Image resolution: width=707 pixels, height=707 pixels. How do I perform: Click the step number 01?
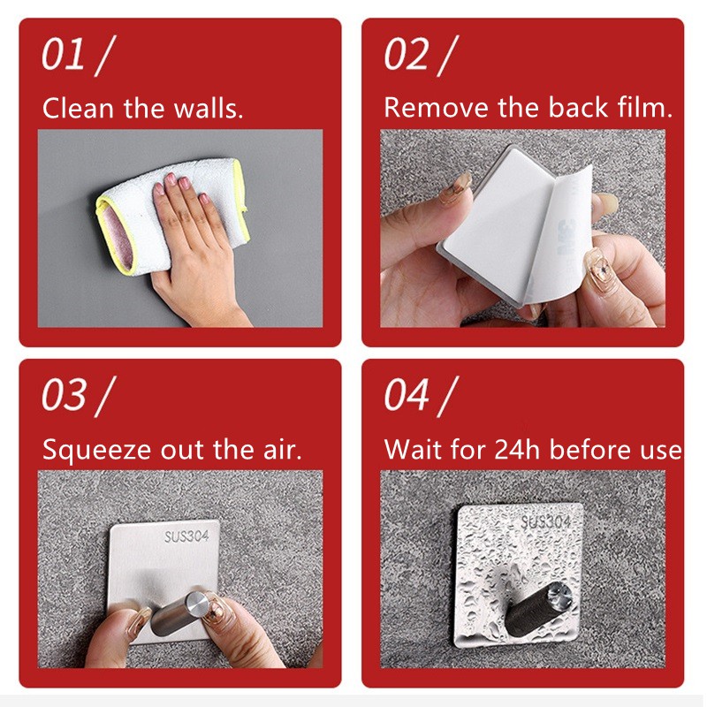click(x=63, y=54)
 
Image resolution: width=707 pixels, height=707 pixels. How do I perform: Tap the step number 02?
click(x=407, y=54)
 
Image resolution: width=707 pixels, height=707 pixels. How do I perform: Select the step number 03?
click(x=64, y=394)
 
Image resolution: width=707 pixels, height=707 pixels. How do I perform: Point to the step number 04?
click(x=407, y=394)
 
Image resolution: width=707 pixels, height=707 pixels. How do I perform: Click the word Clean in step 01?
click(x=78, y=109)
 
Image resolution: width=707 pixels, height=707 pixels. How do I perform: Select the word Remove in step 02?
click(x=436, y=108)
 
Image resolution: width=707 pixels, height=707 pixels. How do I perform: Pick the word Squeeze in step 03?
click(x=96, y=451)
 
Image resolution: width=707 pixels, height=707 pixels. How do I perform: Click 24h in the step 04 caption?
click(x=517, y=450)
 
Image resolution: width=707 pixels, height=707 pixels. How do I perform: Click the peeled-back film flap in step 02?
click(x=559, y=234)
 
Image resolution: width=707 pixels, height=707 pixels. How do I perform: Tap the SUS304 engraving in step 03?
click(x=186, y=536)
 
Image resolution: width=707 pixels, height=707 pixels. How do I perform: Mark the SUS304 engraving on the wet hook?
click(x=546, y=522)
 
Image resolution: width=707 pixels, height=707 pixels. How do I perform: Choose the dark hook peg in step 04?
click(x=540, y=608)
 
